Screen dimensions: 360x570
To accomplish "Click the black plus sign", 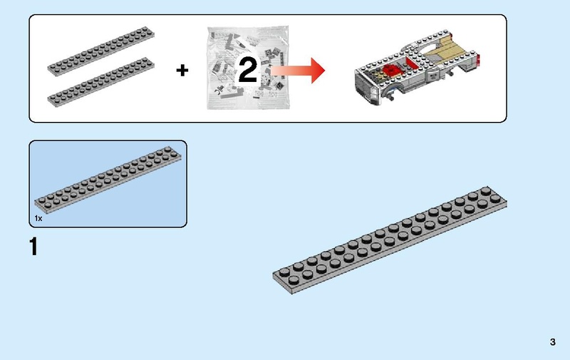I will click(x=183, y=71).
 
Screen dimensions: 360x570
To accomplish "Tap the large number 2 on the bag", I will click(x=247, y=71).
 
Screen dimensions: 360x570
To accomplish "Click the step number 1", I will click(x=33, y=248).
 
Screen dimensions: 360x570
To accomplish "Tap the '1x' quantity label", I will click(x=38, y=219).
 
